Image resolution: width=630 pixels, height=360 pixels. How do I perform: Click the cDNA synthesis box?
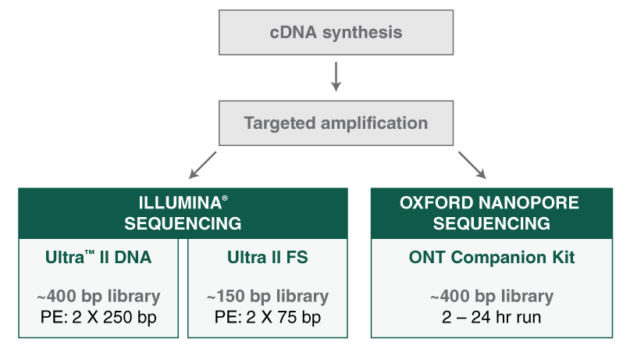tap(336, 33)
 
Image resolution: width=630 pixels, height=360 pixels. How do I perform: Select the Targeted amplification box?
tap(336, 123)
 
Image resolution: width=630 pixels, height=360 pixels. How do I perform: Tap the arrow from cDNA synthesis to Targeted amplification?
tap(336, 77)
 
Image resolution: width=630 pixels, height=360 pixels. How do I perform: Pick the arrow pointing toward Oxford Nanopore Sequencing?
tap(472, 165)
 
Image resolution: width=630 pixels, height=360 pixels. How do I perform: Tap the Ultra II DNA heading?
tap(98, 258)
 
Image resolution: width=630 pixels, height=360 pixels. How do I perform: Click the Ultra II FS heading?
tap(267, 258)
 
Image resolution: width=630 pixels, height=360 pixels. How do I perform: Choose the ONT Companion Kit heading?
tap(491, 258)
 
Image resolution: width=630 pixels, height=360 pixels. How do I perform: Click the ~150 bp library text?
tap(267, 298)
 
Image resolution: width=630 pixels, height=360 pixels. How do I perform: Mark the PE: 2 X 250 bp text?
tap(98, 317)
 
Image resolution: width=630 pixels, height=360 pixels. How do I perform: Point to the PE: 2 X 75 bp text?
tap(267, 317)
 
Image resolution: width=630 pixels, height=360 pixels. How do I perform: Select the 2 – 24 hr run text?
tap(491, 317)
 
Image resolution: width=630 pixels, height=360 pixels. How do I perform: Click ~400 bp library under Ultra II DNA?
tap(98, 298)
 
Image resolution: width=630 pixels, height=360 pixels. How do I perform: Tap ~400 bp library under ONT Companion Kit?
tap(491, 298)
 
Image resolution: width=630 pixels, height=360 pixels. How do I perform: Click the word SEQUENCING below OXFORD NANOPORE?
tap(491, 224)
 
